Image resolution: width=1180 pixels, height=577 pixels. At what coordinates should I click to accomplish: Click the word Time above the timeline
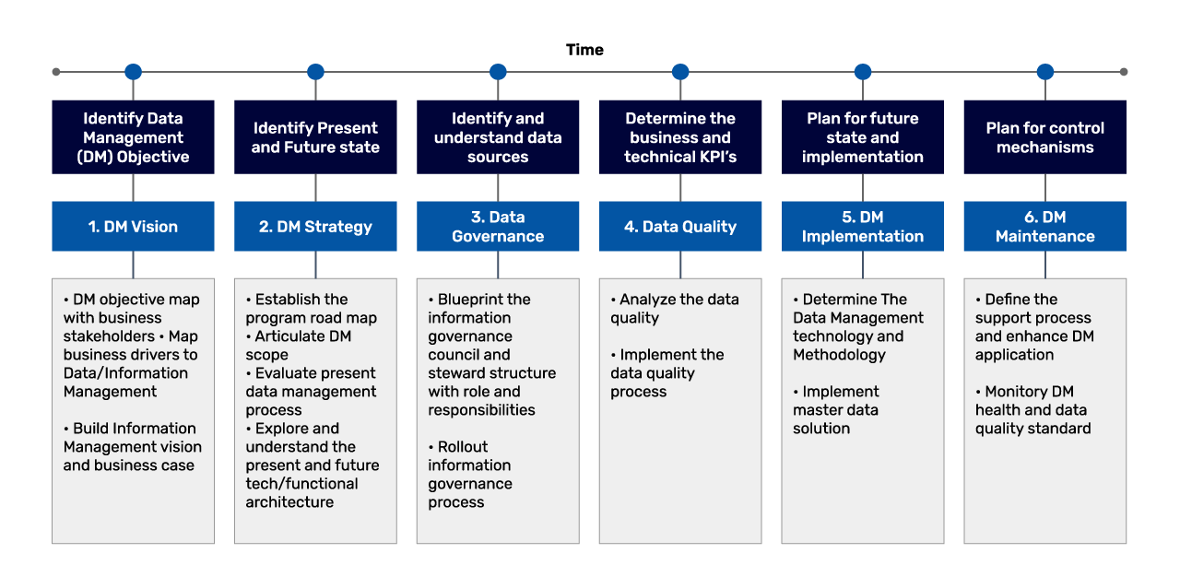tap(584, 50)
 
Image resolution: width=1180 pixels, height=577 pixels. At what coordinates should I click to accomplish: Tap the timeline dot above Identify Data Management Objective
tap(133, 72)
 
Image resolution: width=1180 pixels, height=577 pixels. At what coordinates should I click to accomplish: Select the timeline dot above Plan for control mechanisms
tap(1044, 72)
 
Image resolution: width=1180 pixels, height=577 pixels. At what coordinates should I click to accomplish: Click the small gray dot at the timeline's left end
tap(56, 72)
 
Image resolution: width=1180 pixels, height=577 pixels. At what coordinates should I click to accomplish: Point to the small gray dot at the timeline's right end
tap(1123, 72)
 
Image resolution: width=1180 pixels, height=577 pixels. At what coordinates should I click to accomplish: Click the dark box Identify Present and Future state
tap(315, 137)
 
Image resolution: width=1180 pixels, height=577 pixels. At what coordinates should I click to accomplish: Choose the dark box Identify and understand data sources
tap(498, 137)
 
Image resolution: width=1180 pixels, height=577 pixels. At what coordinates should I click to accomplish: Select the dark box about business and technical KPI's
tap(680, 137)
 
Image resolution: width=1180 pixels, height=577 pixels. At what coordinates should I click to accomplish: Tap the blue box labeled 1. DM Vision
tap(133, 227)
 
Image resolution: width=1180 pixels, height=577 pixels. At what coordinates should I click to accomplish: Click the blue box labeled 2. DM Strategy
tap(315, 227)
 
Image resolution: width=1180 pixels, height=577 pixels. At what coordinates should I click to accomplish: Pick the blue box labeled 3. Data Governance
tap(498, 227)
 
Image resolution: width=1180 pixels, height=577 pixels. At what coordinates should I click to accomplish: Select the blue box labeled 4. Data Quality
tap(680, 227)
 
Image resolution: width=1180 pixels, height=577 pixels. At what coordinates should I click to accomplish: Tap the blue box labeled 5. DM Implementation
tap(863, 227)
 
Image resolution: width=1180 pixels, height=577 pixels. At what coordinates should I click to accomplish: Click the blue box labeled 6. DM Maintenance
tap(1044, 227)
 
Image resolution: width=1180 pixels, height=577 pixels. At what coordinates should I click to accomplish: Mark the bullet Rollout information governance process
tap(470, 475)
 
